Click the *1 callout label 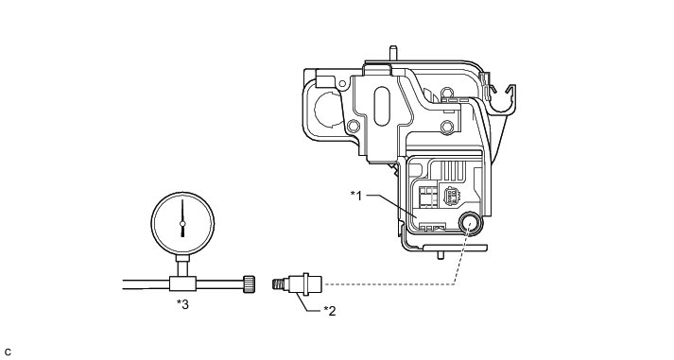coord(356,196)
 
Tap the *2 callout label coord(329,311)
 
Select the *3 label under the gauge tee coord(182,304)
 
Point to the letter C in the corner coord(9,352)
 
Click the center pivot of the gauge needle coord(182,223)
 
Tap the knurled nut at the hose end coord(249,284)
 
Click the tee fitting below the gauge coord(182,284)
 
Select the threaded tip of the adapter coord(278,284)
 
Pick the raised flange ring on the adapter coord(305,284)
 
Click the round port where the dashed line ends coord(470,224)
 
